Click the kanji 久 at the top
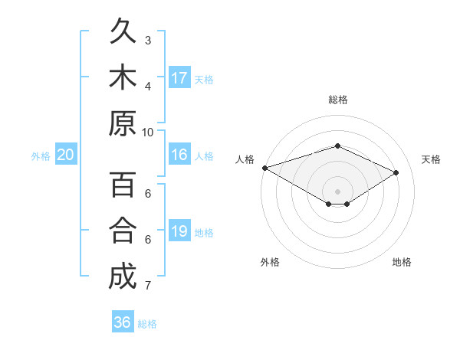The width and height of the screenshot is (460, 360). pyautogui.click(x=122, y=32)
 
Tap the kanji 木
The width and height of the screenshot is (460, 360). pyautogui.click(x=122, y=77)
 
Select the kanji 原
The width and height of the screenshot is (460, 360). pyautogui.click(x=122, y=123)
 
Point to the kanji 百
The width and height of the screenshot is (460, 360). pyautogui.click(x=122, y=185)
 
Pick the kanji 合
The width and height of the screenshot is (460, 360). pyautogui.click(x=122, y=231)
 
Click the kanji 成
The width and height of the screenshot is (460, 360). pyautogui.click(x=122, y=276)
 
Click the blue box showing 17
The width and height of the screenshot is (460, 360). pyautogui.click(x=179, y=77)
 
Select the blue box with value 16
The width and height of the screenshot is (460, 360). pyautogui.click(x=179, y=155)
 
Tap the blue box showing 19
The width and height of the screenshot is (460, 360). pyautogui.click(x=179, y=231)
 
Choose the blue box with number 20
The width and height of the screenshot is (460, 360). pyautogui.click(x=65, y=155)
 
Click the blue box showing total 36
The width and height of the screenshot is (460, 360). pyautogui.click(x=122, y=322)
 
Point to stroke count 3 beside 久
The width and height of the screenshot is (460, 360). pyautogui.click(x=148, y=40)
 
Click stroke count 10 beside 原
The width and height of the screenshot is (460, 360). pyautogui.click(x=148, y=131)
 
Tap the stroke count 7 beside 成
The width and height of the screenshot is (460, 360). pyautogui.click(x=148, y=286)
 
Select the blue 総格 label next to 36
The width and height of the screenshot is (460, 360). pyautogui.click(x=147, y=324)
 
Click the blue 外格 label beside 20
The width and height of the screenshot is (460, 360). pyautogui.click(x=41, y=156)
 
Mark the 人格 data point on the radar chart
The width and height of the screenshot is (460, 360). pyautogui.click(x=264, y=168)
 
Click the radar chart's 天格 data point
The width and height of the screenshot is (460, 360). pyautogui.click(x=396, y=173)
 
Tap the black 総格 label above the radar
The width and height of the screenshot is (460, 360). pyautogui.click(x=337, y=100)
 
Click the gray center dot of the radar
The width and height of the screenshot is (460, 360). pyautogui.click(x=337, y=191)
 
